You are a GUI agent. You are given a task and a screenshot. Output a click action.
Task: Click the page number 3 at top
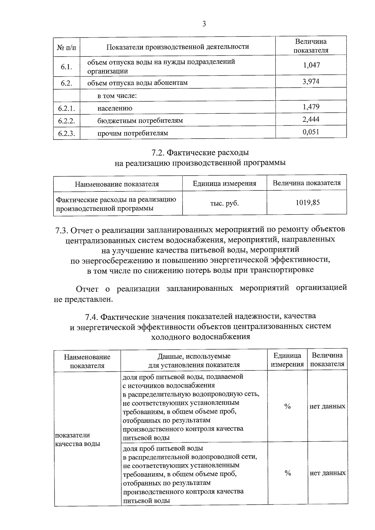[x=204, y=24]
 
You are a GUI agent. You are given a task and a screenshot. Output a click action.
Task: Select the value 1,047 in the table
[x=311, y=65]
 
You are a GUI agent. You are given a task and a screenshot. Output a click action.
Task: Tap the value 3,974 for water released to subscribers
[x=311, y=82]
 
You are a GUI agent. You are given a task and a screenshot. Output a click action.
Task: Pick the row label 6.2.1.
[x=67, y=109]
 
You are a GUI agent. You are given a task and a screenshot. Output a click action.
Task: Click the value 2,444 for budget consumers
[x=311, y=119]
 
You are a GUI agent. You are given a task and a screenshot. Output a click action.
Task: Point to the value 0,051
[x=311, y=132]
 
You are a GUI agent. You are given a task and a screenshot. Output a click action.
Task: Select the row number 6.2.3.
[x=67, y=134]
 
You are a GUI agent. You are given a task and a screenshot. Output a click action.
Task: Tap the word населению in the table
[x=115, y=108]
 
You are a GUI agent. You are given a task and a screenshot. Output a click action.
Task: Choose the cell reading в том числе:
[x=117, y=96]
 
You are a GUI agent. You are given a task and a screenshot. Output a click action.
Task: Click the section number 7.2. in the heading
[x=158, y=153]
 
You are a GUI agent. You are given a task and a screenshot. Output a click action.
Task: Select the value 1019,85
[x=307, y=203]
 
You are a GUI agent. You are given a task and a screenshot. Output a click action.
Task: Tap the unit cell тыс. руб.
[x=224, y=203]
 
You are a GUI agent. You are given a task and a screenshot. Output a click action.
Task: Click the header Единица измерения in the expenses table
[x=224, y=184]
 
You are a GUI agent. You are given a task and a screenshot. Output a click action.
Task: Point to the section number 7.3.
[x=62, y=230]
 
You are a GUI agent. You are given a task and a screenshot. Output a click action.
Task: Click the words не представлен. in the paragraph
[x=83, y=300]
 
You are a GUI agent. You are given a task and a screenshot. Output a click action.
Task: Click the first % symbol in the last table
[x=287, y=406]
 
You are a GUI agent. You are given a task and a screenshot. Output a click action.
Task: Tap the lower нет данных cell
[x=327, y=473]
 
